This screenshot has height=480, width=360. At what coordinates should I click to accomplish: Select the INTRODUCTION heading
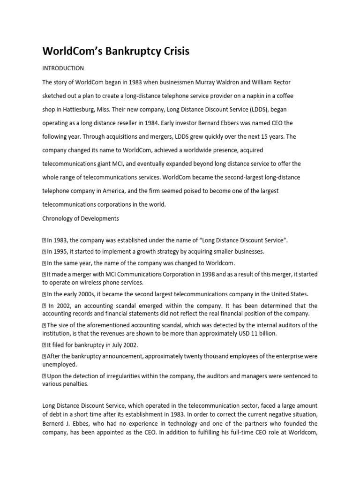(63, 68)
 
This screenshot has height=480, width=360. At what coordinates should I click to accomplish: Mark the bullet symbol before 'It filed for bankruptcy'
(44, 345)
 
